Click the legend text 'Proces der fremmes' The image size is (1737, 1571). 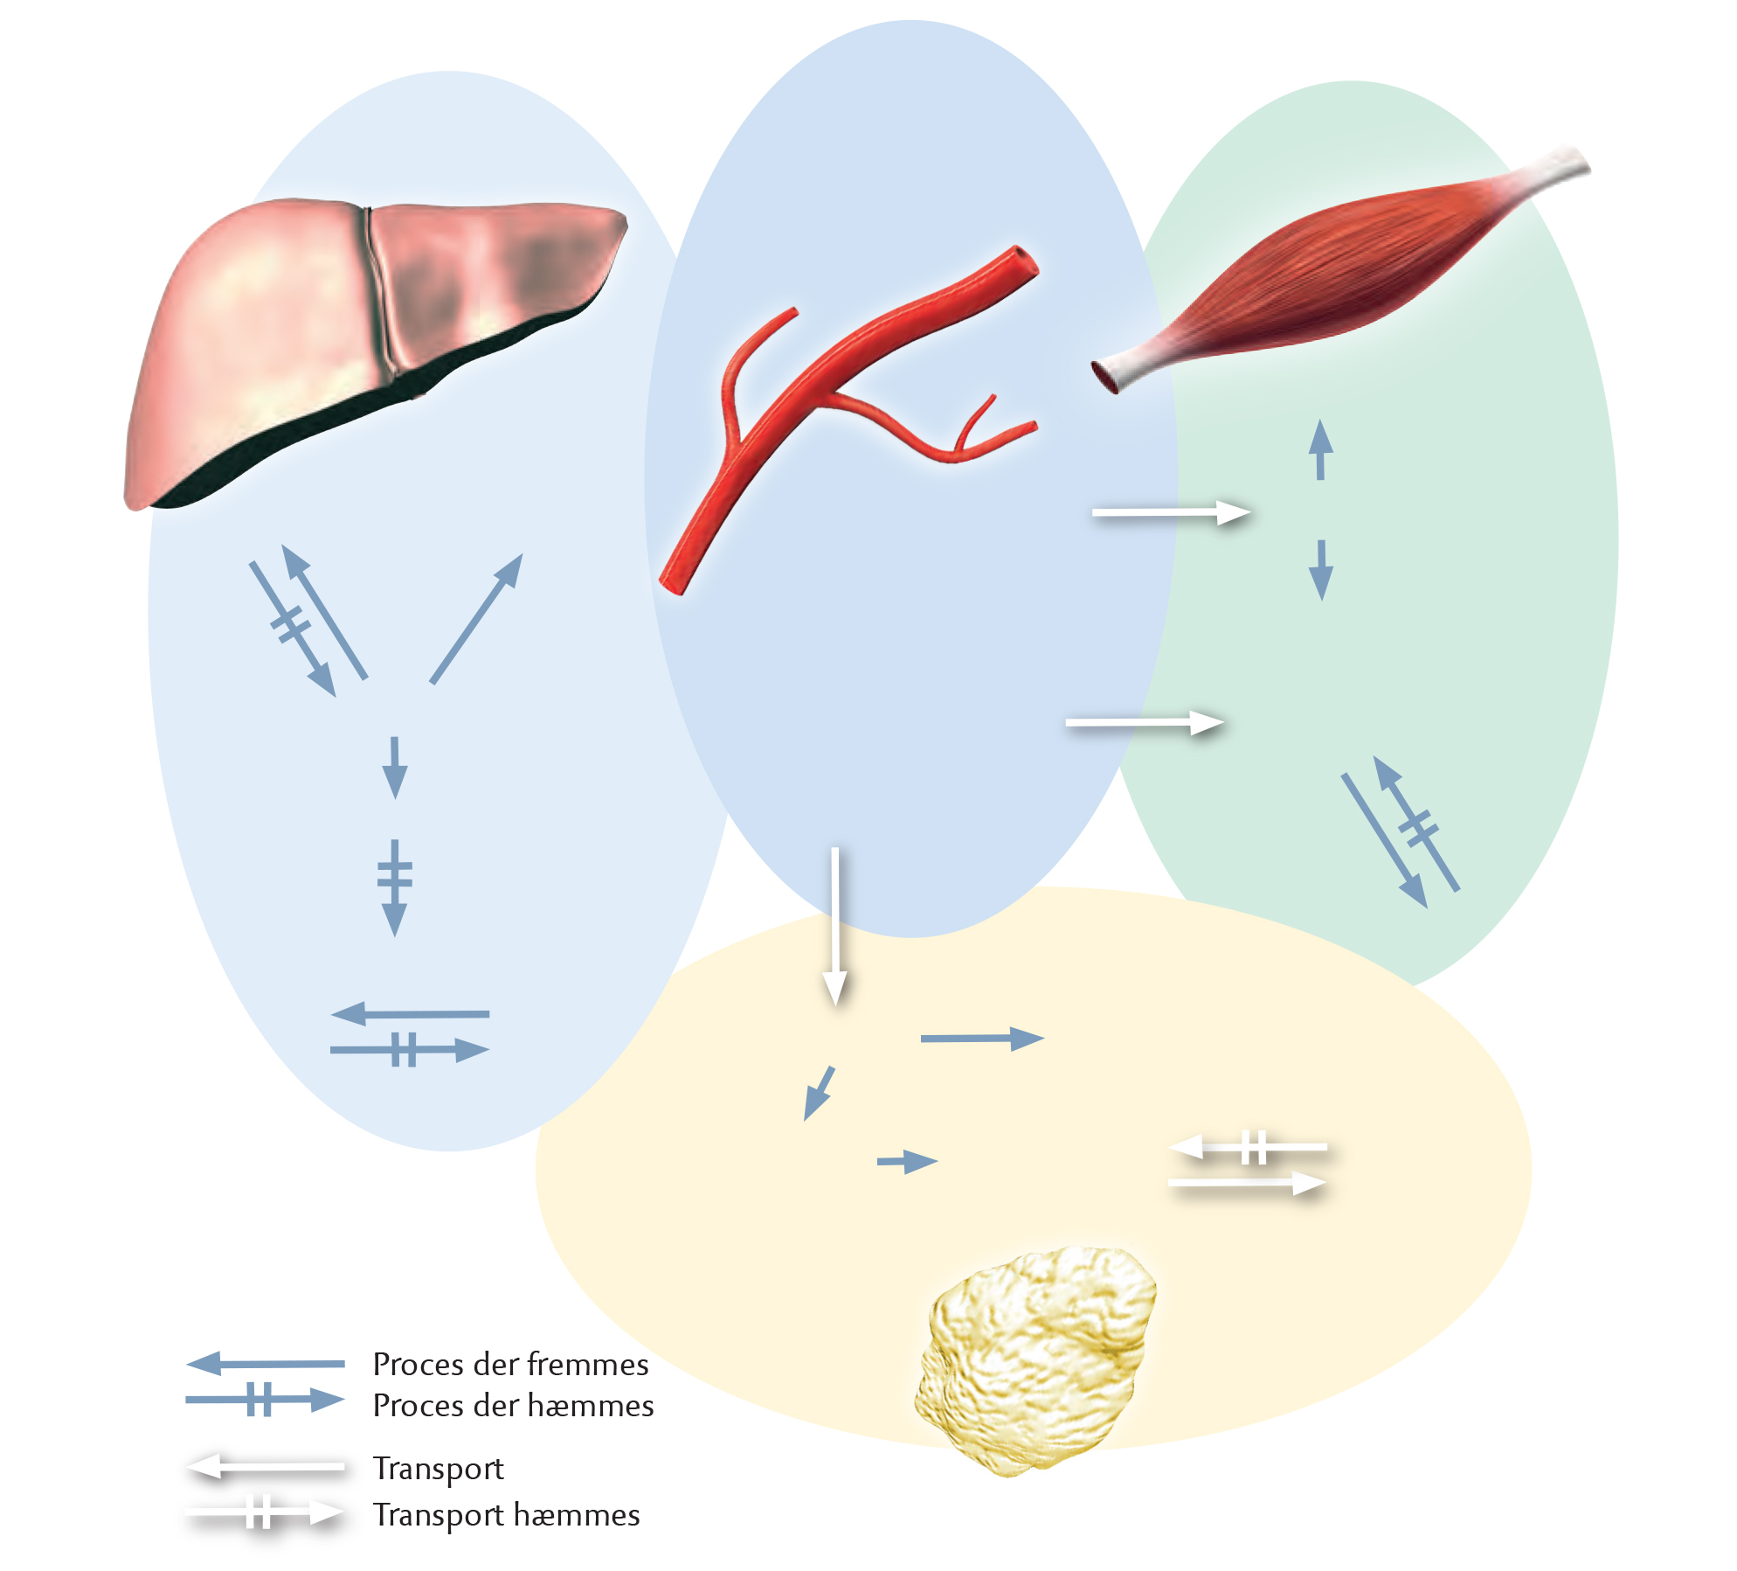510,1365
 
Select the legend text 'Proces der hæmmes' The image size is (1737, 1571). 513,1406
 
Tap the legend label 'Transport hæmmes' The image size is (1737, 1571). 506,1515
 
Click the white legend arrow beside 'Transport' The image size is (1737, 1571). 266,1466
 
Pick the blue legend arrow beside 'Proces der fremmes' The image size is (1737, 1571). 266,1363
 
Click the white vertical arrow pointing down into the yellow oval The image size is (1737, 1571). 835,927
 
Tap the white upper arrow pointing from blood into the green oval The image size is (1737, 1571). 1172,513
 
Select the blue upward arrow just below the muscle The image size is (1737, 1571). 1320,450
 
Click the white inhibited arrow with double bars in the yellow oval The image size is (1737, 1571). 1248,1147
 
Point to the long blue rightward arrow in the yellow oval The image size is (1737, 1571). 983,1039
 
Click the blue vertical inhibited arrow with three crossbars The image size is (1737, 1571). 395,887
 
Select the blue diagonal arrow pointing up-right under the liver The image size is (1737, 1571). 476,618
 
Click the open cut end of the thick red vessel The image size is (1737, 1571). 1022,261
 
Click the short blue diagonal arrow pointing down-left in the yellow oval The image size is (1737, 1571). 819,1094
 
